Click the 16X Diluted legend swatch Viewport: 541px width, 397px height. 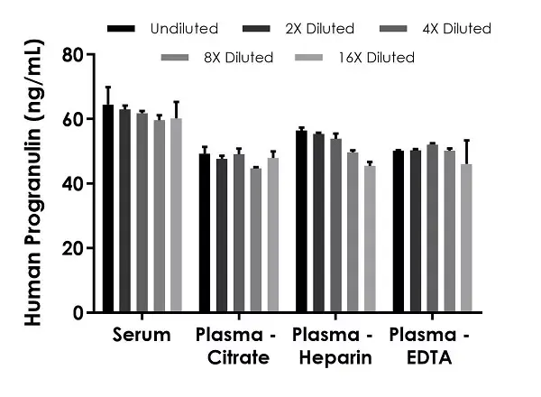click(x=307, y=58)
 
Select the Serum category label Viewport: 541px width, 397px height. click(x=142, y=336)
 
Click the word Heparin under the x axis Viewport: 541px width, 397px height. click(x=333, y=358)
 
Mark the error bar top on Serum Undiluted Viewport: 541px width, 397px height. click(x=108, y=88)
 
